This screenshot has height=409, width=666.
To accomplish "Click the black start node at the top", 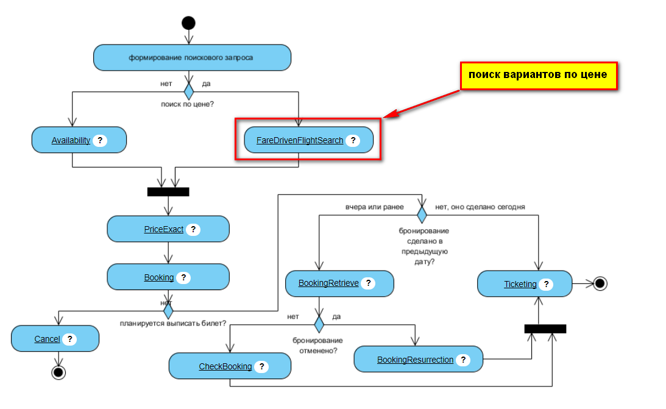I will point(188,23).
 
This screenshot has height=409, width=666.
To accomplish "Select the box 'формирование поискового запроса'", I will point(192,58).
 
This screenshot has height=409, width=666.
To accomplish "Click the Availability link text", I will point(71,140).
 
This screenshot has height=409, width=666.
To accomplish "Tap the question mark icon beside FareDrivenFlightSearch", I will point(352,140).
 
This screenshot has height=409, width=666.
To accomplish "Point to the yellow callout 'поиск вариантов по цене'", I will point(537,75).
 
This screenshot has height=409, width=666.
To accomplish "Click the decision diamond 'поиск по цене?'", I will point(188,92).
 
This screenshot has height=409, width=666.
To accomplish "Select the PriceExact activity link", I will point(163,229).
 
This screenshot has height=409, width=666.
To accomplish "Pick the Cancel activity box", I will point(55,339).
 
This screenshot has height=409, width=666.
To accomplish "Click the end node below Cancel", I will point(58,372).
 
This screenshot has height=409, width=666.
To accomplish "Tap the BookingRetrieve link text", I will point(328,283).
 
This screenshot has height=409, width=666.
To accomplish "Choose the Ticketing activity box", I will point(525,284).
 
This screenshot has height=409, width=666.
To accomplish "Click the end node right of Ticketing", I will point(600,283).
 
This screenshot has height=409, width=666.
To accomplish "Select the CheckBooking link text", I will point(225,366).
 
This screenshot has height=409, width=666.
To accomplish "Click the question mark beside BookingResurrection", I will point(462,360).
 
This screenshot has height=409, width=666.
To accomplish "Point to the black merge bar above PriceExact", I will point(168,192).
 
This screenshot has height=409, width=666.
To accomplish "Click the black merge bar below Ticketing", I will point(545,329).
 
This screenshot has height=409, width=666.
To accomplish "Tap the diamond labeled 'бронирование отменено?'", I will point(319,324).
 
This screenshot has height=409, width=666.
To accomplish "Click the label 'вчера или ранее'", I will point(374,207).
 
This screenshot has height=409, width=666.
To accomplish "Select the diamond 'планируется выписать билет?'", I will point(168,311).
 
